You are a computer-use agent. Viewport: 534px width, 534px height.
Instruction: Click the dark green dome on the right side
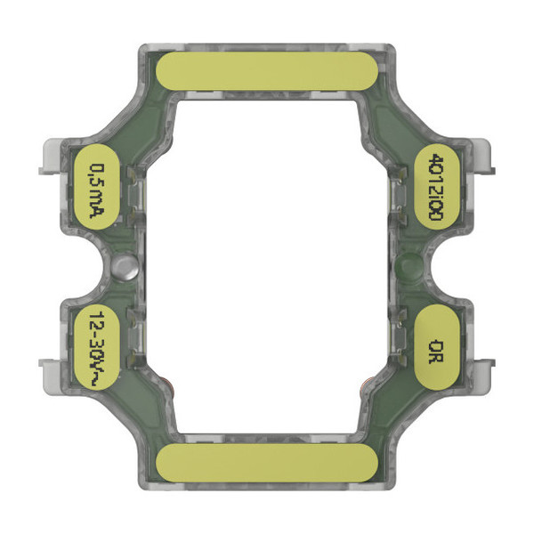click(409, 264)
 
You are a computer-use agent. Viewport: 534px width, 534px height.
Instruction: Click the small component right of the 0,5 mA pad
click(133, 191)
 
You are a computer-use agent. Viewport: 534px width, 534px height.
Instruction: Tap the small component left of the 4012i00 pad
click(401, 191)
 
